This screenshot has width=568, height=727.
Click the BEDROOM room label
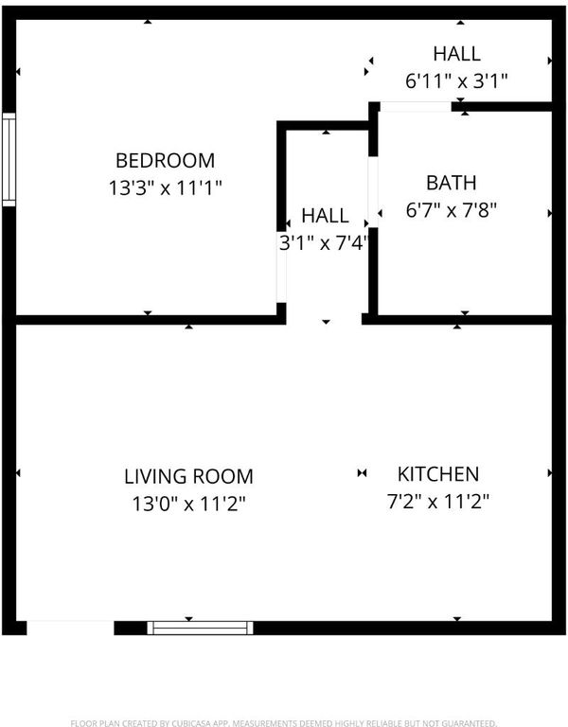coord(165,161)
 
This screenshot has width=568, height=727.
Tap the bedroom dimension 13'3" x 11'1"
coord(165,188)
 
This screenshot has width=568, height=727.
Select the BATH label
coord(452,183)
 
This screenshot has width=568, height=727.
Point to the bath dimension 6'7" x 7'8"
coord(452,210)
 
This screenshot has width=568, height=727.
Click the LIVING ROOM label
coord(188,477)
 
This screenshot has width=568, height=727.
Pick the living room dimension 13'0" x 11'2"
coord(188,504)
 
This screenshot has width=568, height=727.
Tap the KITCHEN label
coord(438,474)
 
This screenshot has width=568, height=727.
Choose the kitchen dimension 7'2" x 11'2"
coord(438,501)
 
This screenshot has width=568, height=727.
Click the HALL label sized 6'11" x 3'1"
coord(456,54)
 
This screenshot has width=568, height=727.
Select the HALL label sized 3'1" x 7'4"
coord(325,216)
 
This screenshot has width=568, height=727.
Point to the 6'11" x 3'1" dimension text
coord(456,81)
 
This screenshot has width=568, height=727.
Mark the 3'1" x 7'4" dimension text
coord(324,243)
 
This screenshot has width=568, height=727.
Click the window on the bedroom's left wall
coord(9,159)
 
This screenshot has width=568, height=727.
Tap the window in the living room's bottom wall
coord(201,629)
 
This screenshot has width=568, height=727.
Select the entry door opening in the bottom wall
coord(70,629)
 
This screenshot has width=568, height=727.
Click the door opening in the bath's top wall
coord(416,107)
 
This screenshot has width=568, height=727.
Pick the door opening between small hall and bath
coord(373,192)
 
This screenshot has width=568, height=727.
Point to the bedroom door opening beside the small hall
coord(281,267)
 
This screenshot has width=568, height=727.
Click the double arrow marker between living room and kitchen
coord(363,473)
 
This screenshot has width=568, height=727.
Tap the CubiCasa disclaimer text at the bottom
coord(284,723)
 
